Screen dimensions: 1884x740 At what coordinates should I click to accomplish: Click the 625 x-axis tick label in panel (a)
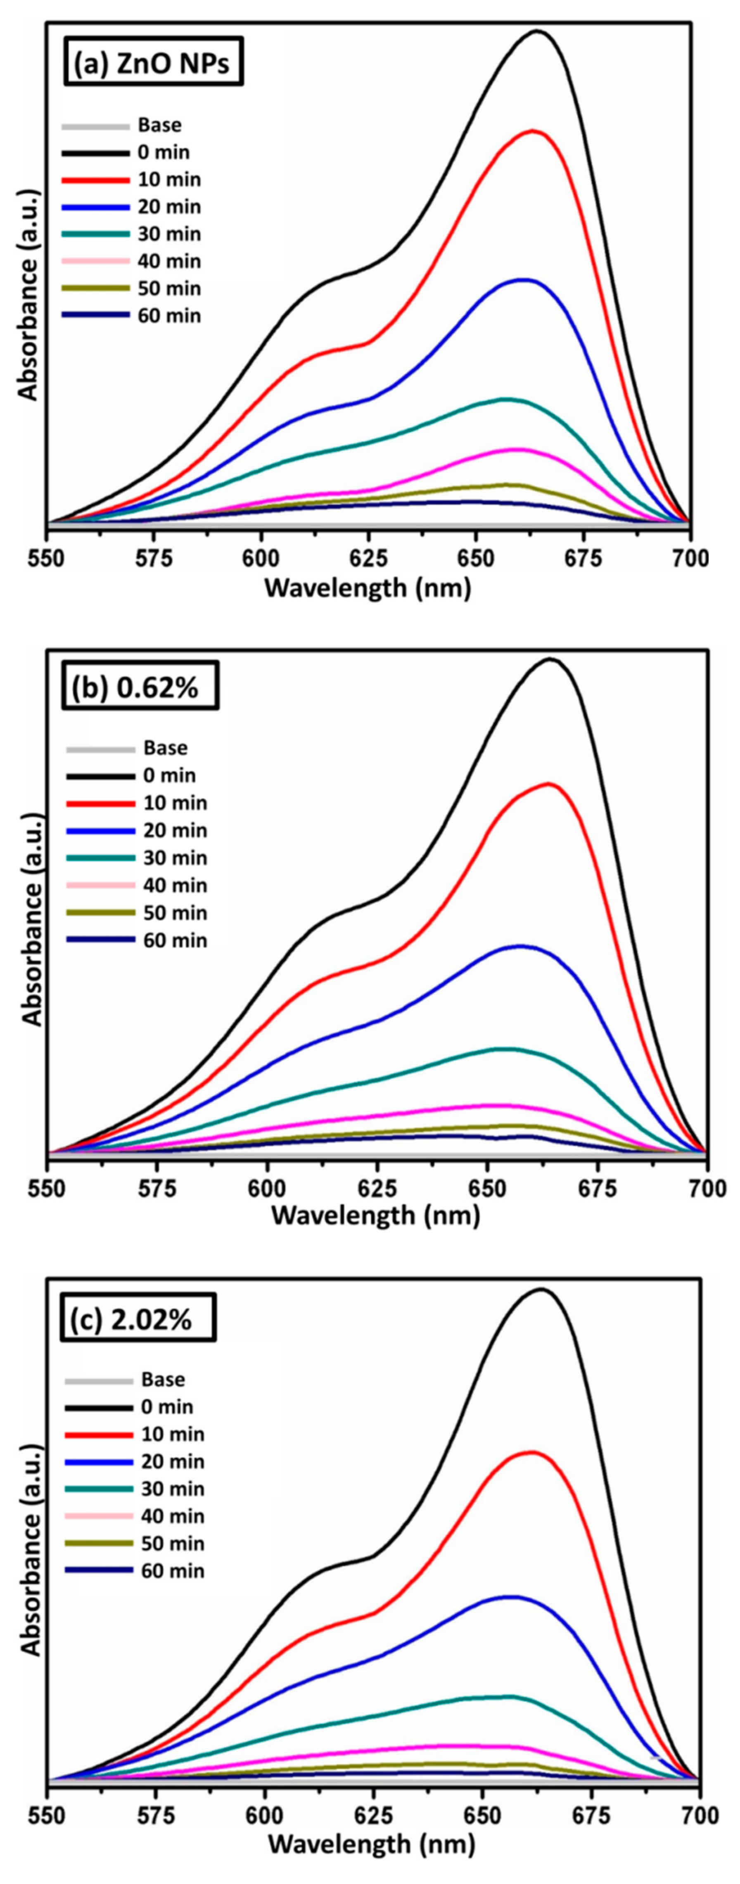pos(368,558)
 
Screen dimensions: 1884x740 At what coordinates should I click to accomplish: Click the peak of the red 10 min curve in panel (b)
pos(548,783)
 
